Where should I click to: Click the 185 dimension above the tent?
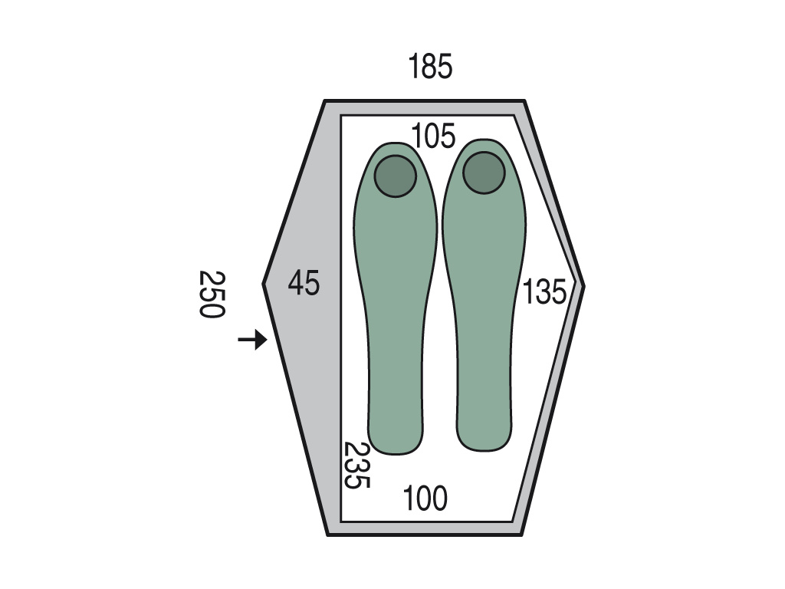point(430,66)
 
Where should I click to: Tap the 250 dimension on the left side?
point(212,294)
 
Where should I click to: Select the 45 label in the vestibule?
point(304,283)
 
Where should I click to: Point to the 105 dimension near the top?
point(433,136)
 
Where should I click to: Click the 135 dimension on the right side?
point(544,291)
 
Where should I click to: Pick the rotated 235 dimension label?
point(357,465)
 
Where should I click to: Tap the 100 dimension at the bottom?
point(425,499)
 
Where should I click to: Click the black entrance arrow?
point(252,340)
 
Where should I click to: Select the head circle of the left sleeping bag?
point(396,176)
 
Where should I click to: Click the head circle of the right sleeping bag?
point(484,173)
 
